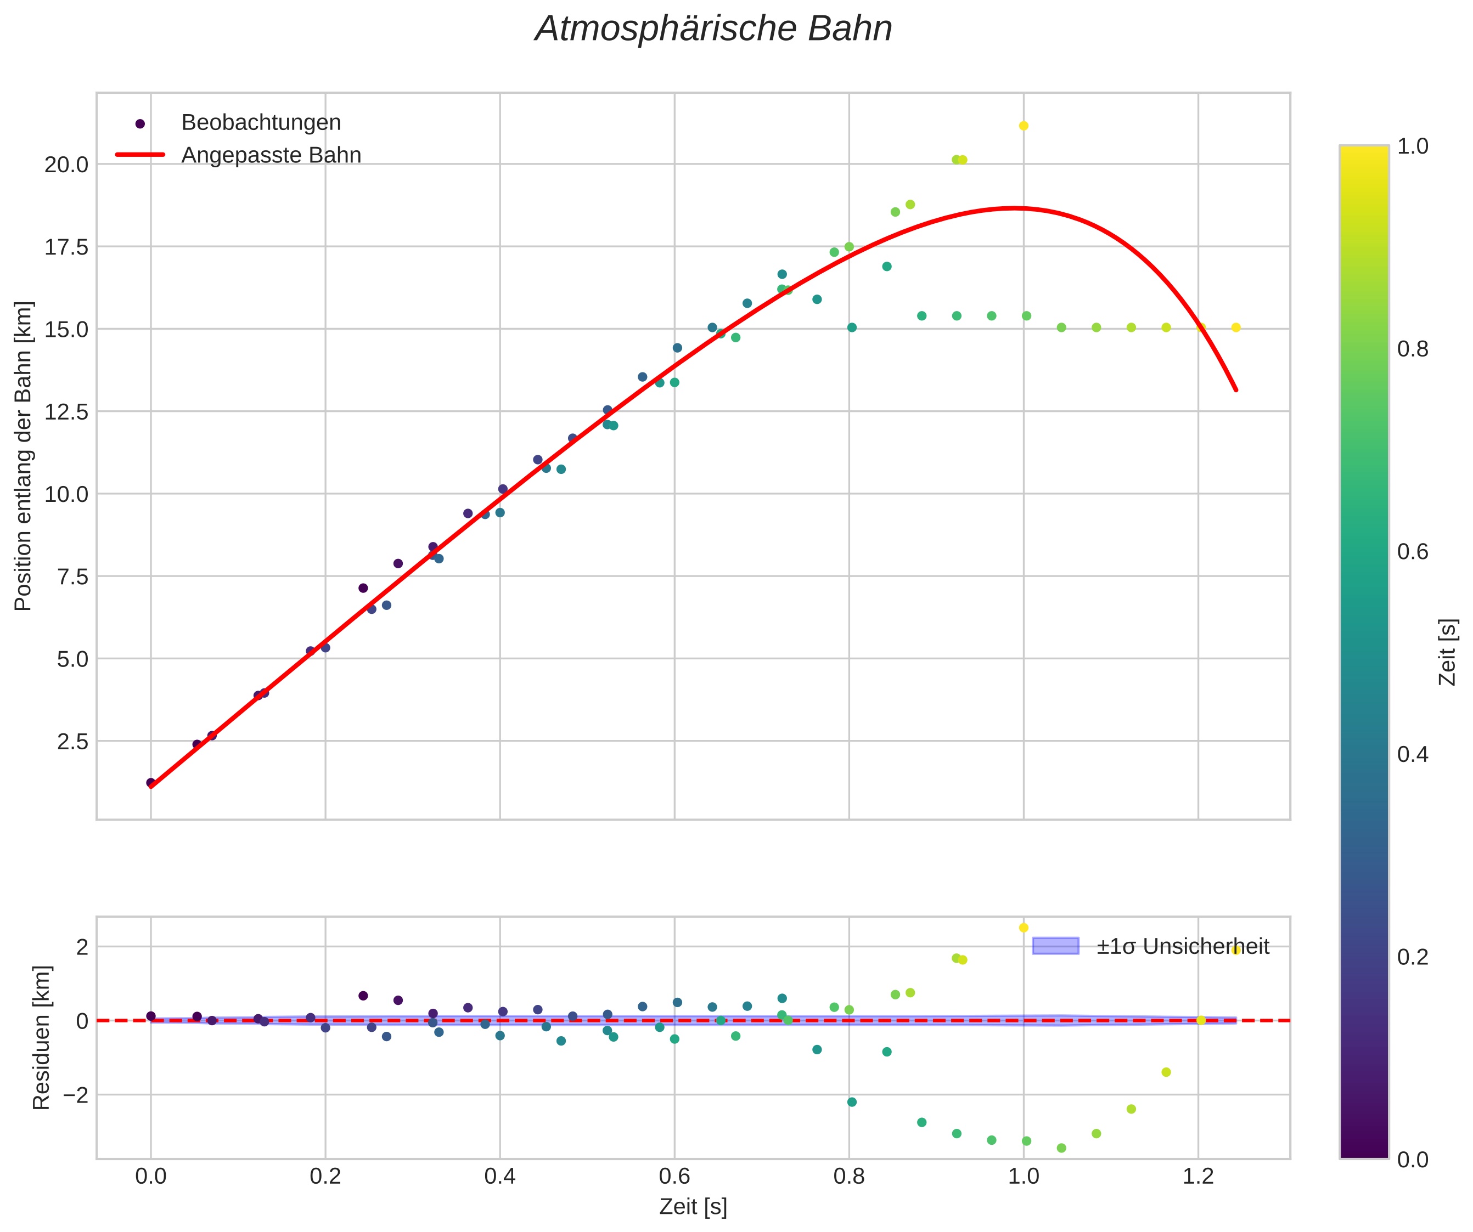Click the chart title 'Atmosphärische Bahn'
(x=713, y=30)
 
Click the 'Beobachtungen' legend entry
(x=261, y=123)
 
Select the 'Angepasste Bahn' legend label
(x=271, y=155)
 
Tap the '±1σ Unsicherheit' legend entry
(x=1182, y=947)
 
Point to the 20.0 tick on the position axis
(x=66, y=165)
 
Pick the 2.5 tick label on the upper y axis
(x=72, y=742)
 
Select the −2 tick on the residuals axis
(x=73, y=1094)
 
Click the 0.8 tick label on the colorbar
(x=1413, y=349)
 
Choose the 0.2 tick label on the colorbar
(x=1413, y=957)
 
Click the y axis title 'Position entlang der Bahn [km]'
(x=23, y=456)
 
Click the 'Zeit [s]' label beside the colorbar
(x=1448, y=652)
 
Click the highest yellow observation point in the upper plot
(x=1024, y=126)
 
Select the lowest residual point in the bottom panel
(x=1061, y=1148)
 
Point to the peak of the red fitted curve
(x=1012, y=207)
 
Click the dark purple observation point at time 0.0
(x=151, y=783)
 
